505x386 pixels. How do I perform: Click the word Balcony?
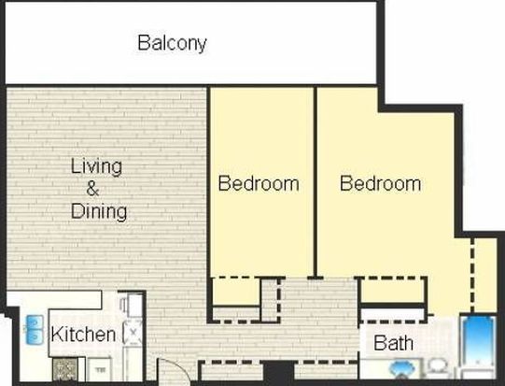(x=172, y=43)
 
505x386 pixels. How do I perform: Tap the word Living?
(x=96, y=166)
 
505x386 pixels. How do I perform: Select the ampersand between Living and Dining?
(x=92, y=189)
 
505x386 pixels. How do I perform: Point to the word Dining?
(x=99, y=211)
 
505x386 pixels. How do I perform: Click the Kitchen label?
(x=83, y=334)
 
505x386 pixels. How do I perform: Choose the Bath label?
(x=394, y=342)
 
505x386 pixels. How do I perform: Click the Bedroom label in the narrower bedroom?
(x=259, y=183)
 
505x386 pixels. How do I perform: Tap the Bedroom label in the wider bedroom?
(x=380, y=183)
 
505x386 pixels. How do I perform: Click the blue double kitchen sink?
(x=35, y=330)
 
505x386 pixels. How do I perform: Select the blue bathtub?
(x=478, y=341)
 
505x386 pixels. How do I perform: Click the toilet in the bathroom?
(x=437, y=367)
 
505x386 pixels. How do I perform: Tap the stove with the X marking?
(x=133, y=332)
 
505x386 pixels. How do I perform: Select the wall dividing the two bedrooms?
(x=316, y=181)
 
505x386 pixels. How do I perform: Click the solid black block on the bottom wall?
(x=278, y=373)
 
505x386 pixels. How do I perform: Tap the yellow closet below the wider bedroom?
(x=392, y=291)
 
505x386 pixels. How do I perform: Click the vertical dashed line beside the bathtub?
(x=472, y=275)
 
